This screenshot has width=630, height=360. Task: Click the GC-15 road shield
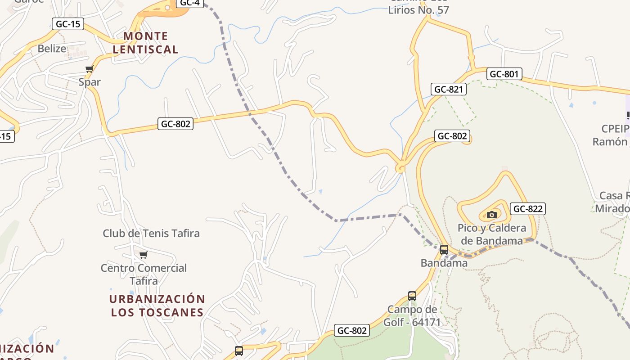[68, 24]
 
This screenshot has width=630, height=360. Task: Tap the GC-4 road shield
[189, 3]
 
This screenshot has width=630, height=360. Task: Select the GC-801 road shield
[504, 74]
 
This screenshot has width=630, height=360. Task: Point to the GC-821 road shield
[448, 89]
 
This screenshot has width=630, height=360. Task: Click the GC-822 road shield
[528, 209]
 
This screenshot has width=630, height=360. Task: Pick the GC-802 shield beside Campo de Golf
[352, 331]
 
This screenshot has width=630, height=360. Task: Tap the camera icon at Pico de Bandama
[491, 215]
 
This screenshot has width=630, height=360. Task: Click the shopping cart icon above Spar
[89, 69]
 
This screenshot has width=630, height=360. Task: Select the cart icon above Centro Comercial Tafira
[143, 255]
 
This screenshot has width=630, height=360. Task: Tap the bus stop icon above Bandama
[444, 249]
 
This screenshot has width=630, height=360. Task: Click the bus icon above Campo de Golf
[412, 296]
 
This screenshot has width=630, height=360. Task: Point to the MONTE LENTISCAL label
[145, 43]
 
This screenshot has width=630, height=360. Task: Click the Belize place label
[52, 49]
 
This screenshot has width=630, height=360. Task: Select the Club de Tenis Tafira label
[151, 234]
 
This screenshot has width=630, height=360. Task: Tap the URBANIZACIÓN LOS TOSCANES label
[157, 306]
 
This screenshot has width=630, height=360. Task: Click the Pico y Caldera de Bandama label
[492, 234]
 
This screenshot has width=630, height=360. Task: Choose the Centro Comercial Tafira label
[144, 274]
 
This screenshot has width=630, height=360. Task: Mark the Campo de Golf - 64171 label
[412, 316]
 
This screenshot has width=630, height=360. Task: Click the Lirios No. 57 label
[418, 9]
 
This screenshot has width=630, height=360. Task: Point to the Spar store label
[90, 82]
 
